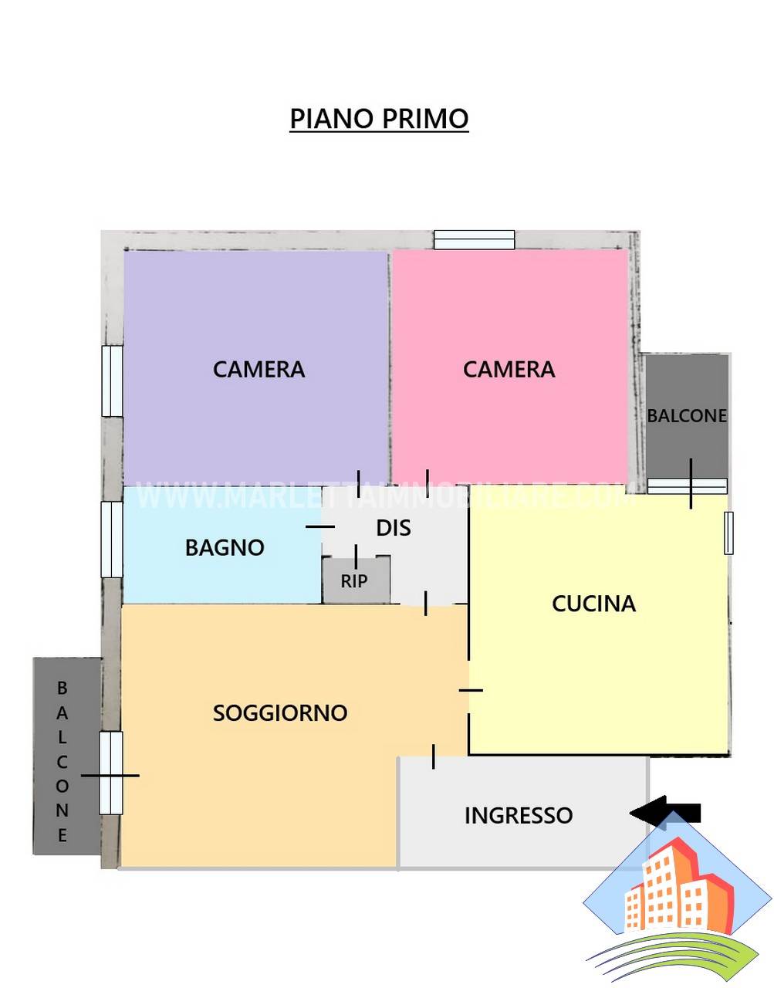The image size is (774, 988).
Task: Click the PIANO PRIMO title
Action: (x=379, y=119)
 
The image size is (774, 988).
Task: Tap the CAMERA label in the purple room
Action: (x=259, y=369)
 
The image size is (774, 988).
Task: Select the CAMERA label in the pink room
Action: (x=509, y=369)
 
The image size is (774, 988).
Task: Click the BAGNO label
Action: (x=225, y=547)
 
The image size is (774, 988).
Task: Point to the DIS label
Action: (x=394, y=528)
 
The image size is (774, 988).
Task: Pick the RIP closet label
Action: (x=354, y=581)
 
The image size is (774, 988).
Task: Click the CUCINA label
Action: (x=593, y=604)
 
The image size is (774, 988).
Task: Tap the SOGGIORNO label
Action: (x=280, y=712)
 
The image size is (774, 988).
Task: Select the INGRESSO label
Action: (x=518, y=815)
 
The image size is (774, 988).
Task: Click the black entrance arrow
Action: (x=665, y=813)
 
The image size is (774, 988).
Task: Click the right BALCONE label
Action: (x=687, y=415)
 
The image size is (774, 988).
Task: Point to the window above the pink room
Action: (x=474, y=239)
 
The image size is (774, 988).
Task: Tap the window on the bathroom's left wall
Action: (x=112, y=540)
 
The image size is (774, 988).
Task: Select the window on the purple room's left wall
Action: (x=112, y=381)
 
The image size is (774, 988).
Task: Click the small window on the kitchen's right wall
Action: (x=728, y=533)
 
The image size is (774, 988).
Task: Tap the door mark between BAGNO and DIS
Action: (x=320, y=527)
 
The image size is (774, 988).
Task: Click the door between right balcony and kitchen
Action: (x=688, y=486)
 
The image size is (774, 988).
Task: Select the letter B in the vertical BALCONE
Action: (x=63, y=689)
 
